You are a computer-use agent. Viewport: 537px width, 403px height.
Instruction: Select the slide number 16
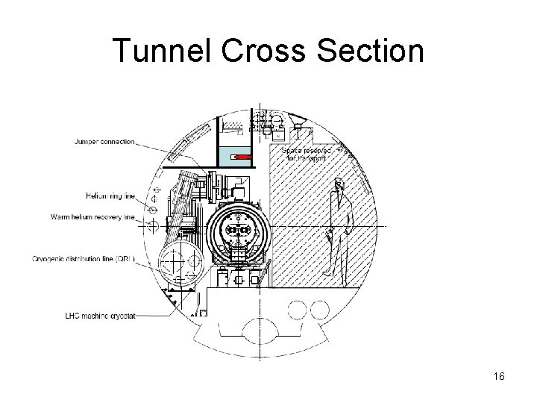click(x=499, y=377)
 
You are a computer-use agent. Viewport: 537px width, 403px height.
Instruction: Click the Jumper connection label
click(x=104, y=142)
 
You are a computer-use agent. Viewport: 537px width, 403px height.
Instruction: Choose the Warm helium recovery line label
click(x=92, y=217)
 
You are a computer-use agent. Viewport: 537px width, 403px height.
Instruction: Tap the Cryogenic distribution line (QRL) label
click(x=84, y=259)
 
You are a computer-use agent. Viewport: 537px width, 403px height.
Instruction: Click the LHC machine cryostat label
click(x=100, y=316)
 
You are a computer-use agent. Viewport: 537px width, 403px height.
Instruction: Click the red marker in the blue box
click(x=242, y=157)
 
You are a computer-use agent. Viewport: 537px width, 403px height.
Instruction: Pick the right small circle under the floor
click(x=321, y=310)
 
